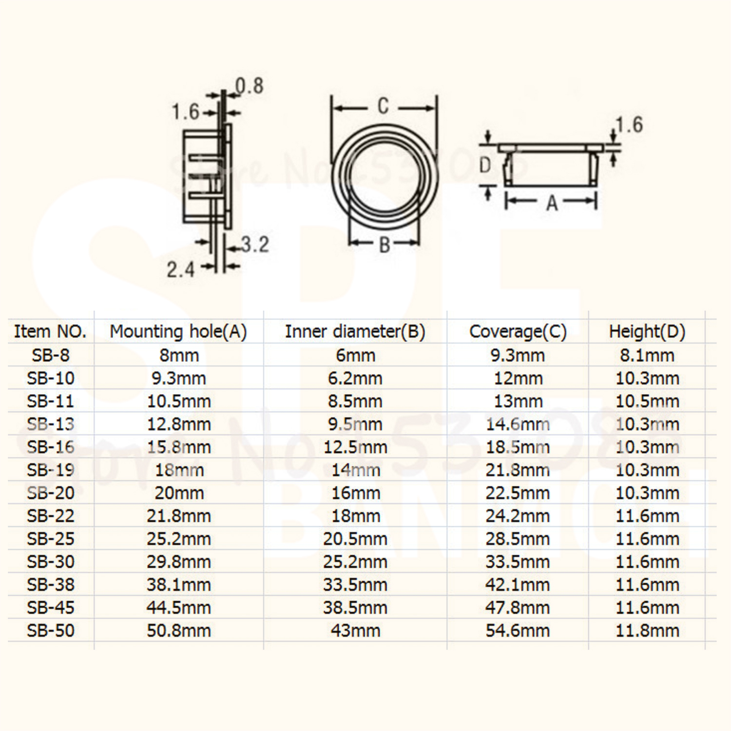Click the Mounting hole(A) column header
[x=178, y=331]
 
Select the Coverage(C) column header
[x=518, y=331]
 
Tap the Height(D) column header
[x=647, y=331]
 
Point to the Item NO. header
[x=50, y=331]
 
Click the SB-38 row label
[x=51, y=584]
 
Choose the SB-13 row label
[x=51, y=424]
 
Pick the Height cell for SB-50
[x=647, y=630]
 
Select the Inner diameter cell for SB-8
[x=355, y=355]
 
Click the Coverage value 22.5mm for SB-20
[x=518, y=493]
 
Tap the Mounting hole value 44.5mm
[x=178, y=607]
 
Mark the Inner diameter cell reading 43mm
[x=355, y=630]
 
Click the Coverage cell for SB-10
[x=518, y=378]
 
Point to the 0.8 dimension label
[x=250, y=86]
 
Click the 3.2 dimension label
[x=255, y=245]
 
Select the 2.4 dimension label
[x=180, y=269]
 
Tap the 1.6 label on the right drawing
[x=629, y=125]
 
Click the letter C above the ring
[x=383, y=106]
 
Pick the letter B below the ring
[x=385, y=245]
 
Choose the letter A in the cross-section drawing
[x=552, y=202]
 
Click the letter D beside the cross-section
[x=485, y=165]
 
